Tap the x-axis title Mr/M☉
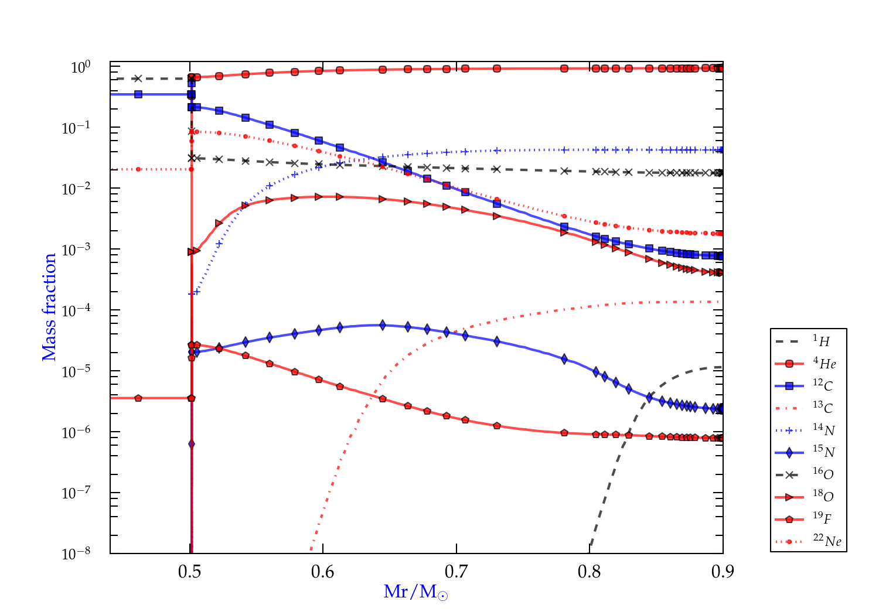[415, 592]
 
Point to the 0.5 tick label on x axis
[190, 572]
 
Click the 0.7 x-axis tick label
[456, 572]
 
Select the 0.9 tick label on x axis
[723, 572]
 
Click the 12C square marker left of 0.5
[138, 94]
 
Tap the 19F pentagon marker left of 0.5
[138, 398]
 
